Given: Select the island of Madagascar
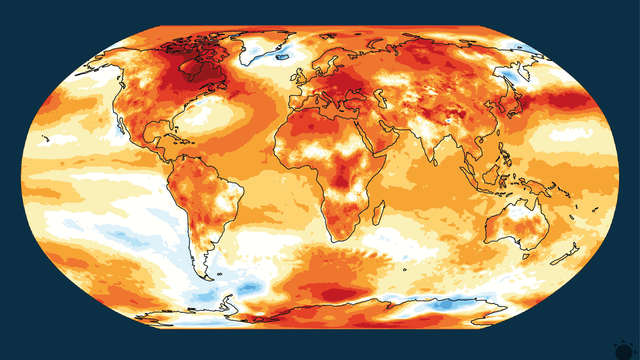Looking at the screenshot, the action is (376, 212).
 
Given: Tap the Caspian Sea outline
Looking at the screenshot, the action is (393, 104).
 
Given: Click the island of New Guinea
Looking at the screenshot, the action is (536, 190).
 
